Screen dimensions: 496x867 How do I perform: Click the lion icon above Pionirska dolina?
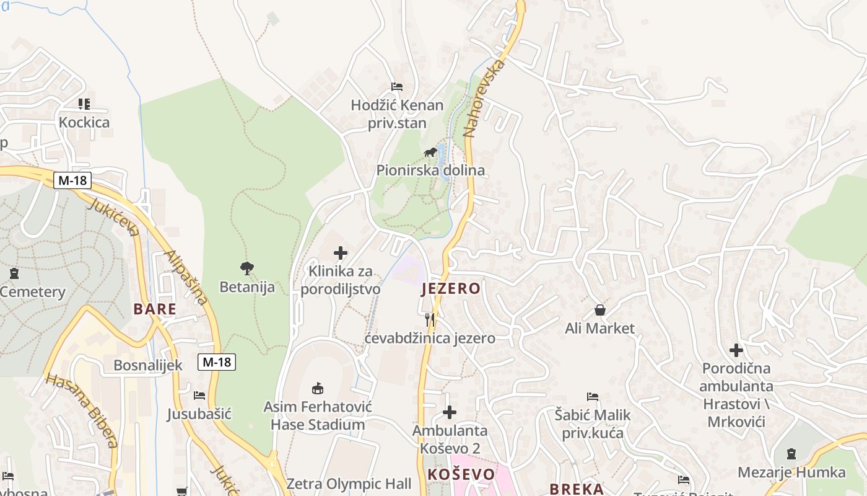pos(430,153)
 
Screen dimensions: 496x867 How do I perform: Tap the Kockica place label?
pos(84,122)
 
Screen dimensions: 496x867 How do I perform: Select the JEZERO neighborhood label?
pos(451,288)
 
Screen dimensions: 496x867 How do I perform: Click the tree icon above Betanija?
pos(247,268)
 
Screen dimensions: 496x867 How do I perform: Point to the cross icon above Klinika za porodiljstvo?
pos(341,253)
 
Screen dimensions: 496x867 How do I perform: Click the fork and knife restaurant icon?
pos(430,320)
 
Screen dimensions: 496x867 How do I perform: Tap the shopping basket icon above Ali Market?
pos(599,310)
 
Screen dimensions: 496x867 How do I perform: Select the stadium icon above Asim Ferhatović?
pos(318,389)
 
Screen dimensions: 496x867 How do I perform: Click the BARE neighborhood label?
pos(155,309)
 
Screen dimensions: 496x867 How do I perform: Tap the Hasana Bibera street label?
pos(82,410)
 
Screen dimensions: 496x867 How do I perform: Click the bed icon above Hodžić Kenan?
pos(397,87)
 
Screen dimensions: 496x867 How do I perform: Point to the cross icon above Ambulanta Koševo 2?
pos(450,412)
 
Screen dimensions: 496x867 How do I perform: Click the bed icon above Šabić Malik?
pos(593,397)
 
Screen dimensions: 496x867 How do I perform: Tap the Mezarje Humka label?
pos(791,472)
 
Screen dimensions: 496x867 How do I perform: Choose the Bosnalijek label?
pos(148,365)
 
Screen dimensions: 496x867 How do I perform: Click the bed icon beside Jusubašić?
pos(199,396)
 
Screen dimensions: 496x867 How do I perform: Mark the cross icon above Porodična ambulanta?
pos(736,350)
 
